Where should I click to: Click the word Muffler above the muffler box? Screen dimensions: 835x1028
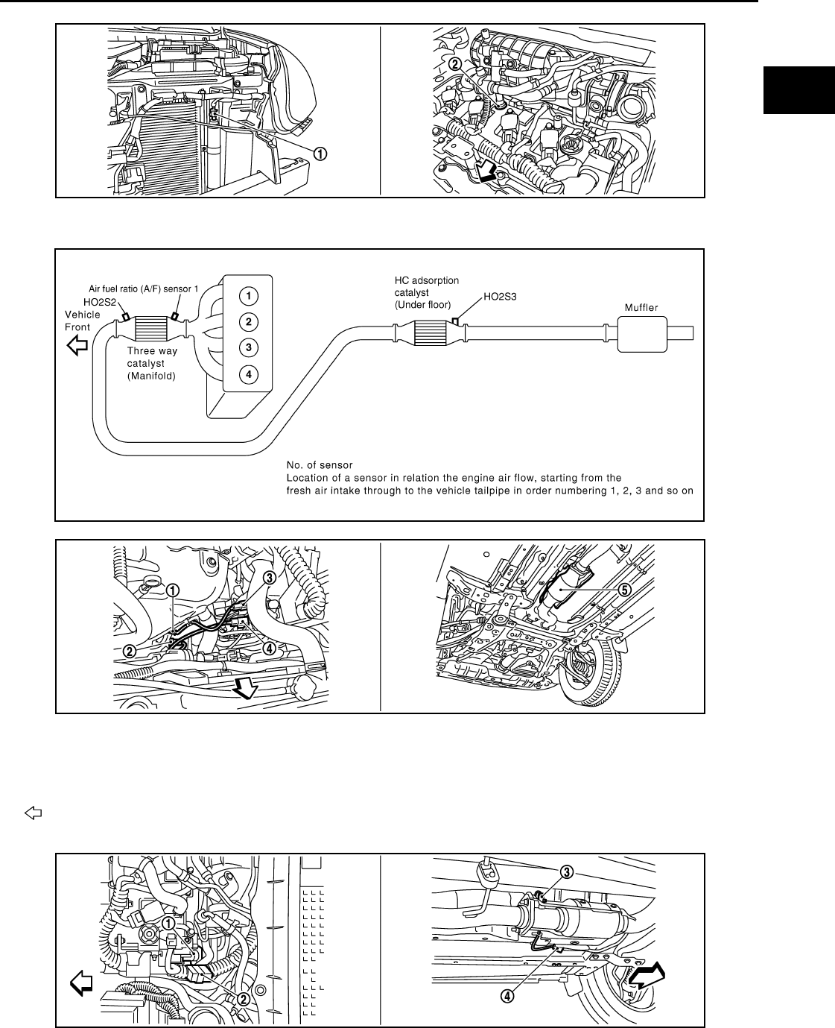[642, 307]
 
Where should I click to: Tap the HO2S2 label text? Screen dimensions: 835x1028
[99, 302]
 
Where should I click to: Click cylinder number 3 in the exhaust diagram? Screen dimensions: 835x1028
[249, 347]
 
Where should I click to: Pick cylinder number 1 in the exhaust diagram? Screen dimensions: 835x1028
[249, 296]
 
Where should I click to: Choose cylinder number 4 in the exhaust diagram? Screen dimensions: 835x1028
[249, 373]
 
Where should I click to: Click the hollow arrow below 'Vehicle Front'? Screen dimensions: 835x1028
[77, 344]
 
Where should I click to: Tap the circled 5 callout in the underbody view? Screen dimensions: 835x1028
[624, 589]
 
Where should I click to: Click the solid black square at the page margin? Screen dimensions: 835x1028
[799, 89]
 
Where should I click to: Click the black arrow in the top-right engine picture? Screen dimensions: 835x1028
[486, 172]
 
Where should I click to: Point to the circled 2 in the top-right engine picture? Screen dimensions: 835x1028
[455, 65]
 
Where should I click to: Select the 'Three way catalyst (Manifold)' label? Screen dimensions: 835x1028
[152, 363]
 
